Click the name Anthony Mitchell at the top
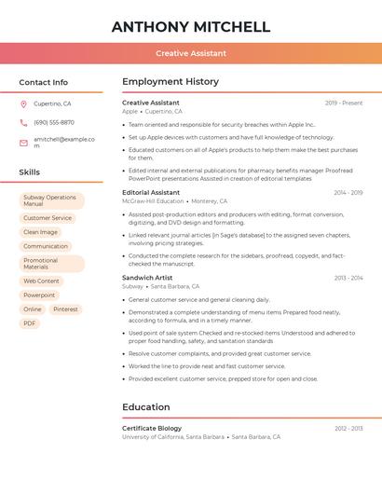coord(191,27)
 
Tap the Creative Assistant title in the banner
coord(191,53)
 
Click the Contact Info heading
coord(44,82)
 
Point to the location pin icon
coord(24,104)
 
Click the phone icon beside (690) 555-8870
coord(24,123)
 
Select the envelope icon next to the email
coord(24,142)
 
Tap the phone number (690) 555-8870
coord(54,123)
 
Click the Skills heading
coord(30,172)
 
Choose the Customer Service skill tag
coord(48,218)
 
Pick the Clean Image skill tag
coord(40,232)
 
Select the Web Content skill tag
coord(41,281)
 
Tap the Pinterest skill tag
coord(65,309)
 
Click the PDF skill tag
coord(30,323)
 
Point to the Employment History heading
coord(171,82)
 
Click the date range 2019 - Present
coord(344,103)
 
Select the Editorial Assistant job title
coord(151,192)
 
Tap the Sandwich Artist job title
coord(147,278)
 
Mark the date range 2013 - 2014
coord(348,278)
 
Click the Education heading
coord(146,407)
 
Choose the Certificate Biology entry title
coord(152,428)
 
